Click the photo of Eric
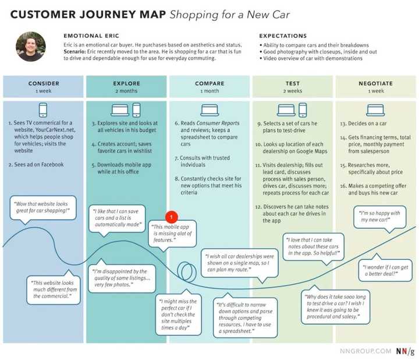pyautogui.click(x=30, y=47)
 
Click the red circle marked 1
pyautogui.click(x=171, y=217)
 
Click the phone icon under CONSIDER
pyautogui.click(x=43, y=110)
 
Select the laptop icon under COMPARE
pyautogui.click(x=210, y=110)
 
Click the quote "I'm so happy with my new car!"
pyautogui.click(x=379, y=217)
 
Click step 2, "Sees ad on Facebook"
pyautogui.click(x=36, y=165)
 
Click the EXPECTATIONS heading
pyautogui.click(x=283, y=36)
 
